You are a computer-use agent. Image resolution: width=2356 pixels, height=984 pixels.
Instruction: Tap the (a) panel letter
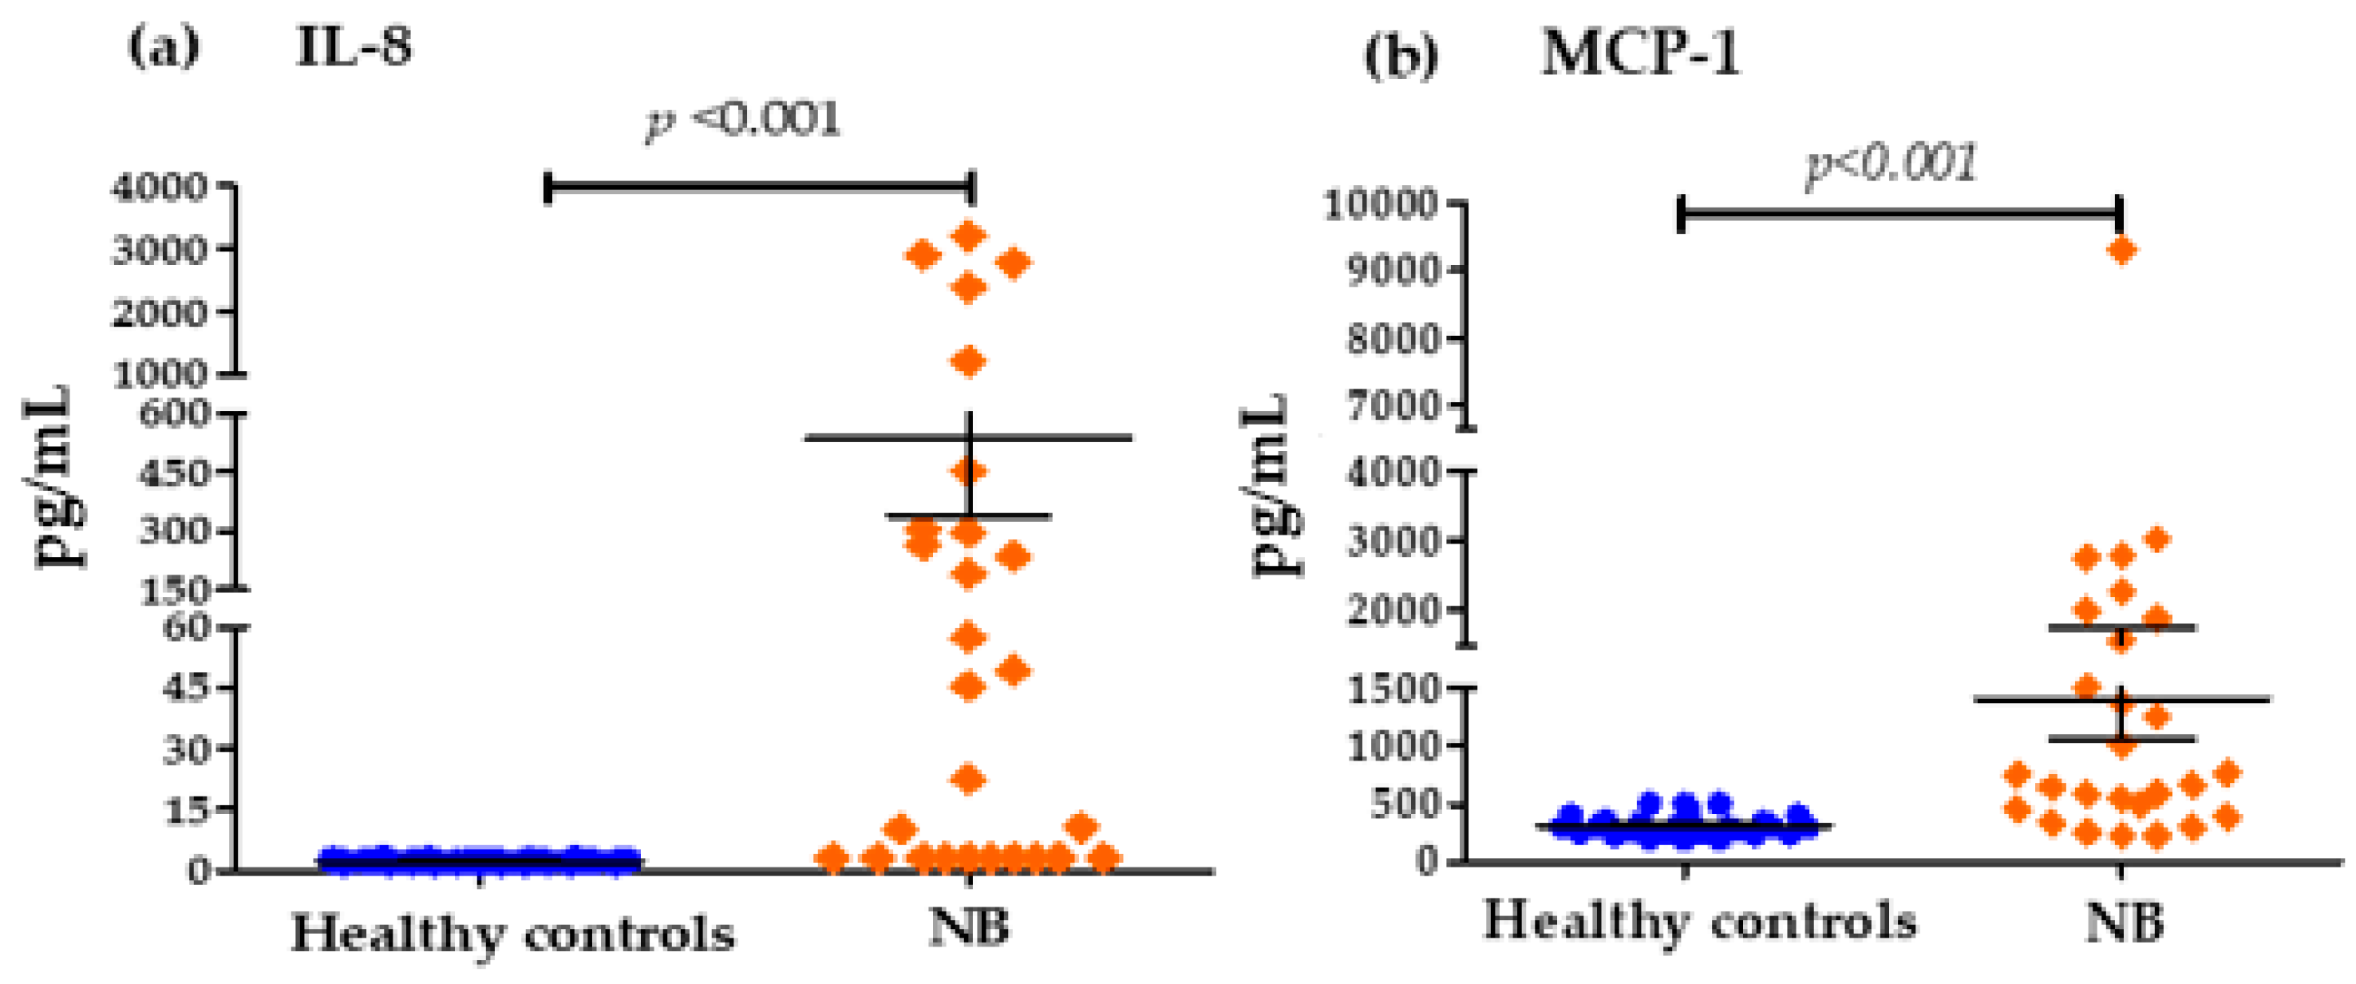pyautogui.click(x=163, y=48)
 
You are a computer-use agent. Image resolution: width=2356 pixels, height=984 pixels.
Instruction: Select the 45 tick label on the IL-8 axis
pyautogui.click(x=188, y=688)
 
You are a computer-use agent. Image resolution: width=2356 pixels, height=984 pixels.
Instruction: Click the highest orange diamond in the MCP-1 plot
pyautogui.click(x=2122, y=250)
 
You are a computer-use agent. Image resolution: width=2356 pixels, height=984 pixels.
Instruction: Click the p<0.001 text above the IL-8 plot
pyautogui.click(x=743, y=120)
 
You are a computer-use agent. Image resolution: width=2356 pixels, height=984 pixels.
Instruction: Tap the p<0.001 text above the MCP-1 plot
pyautogui.click(x=1892, y=165)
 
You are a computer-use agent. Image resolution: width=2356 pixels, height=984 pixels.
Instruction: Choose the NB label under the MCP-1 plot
pyautogui.click(x=2124, y=923)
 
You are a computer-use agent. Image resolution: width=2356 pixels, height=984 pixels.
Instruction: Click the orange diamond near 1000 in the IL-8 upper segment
pyautogui.click(x=970, y=362)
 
